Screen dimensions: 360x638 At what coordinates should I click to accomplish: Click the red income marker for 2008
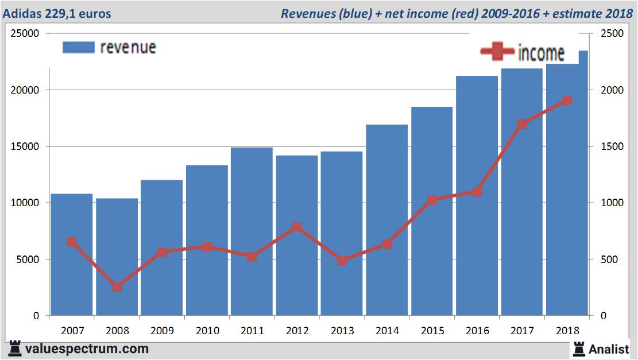coord(117,287)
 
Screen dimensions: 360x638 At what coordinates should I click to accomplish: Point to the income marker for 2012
coord(297,227)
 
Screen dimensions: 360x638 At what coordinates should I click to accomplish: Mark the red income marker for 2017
coord(522,124)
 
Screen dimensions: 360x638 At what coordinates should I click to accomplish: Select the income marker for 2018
coord(567,100)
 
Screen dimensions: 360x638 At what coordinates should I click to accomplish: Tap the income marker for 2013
coord(342,261)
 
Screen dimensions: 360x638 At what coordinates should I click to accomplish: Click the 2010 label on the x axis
coord(207,331)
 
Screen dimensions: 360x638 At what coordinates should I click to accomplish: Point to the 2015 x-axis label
coord(432,331)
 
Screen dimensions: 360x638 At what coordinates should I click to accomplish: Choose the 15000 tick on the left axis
coord(25,146)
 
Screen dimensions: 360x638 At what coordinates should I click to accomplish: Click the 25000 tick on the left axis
coord(25,34)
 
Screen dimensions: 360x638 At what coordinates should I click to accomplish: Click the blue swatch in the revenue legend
coord(78,48)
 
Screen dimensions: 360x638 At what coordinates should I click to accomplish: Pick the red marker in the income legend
coord(497,52)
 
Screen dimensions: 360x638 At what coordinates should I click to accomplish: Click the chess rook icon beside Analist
coord(579,348)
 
